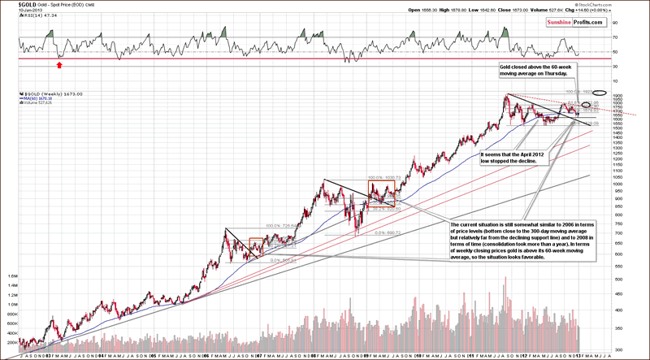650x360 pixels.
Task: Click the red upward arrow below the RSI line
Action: (x=58, y=63)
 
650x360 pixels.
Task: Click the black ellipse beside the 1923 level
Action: (x=600, y=93)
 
